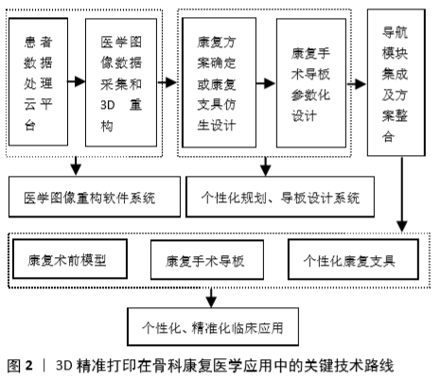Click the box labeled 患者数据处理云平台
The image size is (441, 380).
pos(38,82)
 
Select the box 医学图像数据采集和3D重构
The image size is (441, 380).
pos(121,82)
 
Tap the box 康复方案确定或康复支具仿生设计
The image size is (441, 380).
pos(220,82)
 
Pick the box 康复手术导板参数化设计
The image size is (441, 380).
pos(311,83)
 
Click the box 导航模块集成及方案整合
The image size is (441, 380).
pos(397,82)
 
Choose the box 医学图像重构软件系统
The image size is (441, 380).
pos(95,197)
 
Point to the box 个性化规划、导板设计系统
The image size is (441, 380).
pos(280,197)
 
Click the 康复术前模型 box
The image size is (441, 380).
pos(70,259)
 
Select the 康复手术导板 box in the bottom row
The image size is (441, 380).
pos(207,260)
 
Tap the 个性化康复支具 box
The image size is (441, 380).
pos(353,259)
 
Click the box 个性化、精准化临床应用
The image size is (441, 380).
pos(213,327)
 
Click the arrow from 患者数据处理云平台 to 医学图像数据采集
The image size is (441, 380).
pos(77,81)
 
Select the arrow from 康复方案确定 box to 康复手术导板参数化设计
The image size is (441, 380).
pos(266,83)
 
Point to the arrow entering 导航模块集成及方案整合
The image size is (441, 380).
pos(357,84)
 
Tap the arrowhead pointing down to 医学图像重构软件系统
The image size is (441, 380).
pos(76,169)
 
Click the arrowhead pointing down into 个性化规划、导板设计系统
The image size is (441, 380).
pos(266,170)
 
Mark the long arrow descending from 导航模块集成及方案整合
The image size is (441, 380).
pos(402,195)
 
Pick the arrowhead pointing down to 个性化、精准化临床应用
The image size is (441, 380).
pos(211,302)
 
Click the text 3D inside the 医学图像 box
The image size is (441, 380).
pos(108,105)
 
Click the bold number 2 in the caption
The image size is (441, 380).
pos(29,366)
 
